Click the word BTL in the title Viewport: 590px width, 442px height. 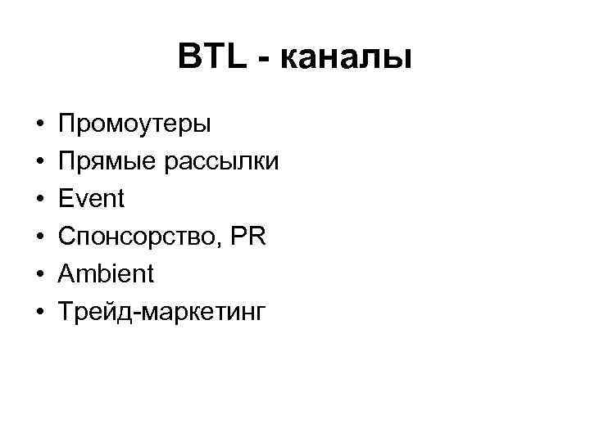click(x=211, y=57)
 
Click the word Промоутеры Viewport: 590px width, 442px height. click(x=134, y=125)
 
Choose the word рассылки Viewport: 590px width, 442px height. click(x=220, y=162)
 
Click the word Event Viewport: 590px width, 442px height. click(x=91, y=199)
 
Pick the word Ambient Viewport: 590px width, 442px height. click(x=106, y=273)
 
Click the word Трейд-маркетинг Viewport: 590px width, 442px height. click(x=161, y=311)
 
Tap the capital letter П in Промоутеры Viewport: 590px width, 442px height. click(x=67, y=124)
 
